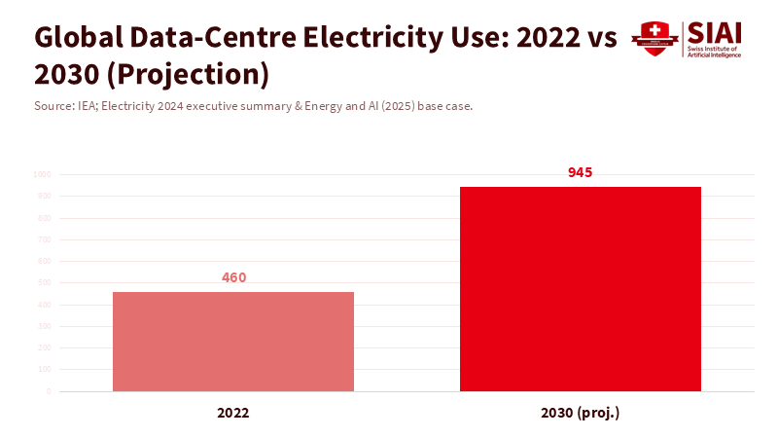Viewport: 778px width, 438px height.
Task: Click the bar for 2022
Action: click(233, 342)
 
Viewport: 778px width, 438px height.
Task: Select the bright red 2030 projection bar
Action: click(581, 289)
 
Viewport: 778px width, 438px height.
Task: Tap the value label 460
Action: click(233, 277)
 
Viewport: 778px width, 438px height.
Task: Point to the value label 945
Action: click(581, 172)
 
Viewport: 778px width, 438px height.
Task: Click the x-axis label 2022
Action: click(233, 413)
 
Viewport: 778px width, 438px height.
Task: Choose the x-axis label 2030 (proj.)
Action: click(581, 413)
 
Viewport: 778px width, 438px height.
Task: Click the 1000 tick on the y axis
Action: click(42, 175)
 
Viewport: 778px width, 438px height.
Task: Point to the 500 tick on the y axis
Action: click(44, 283)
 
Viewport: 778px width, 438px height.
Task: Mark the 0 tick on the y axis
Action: click(48, 391)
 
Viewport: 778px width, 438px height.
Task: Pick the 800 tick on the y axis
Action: click(44, 218)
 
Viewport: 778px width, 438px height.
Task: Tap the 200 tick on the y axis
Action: click(44, 348)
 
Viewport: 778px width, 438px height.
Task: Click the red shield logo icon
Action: click(654, 38)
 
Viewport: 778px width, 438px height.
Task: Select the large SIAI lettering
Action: click(715, 31)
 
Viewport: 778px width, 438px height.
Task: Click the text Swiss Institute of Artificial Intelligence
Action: click(715, 52)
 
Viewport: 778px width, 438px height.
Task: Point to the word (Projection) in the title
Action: click(194, 75)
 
